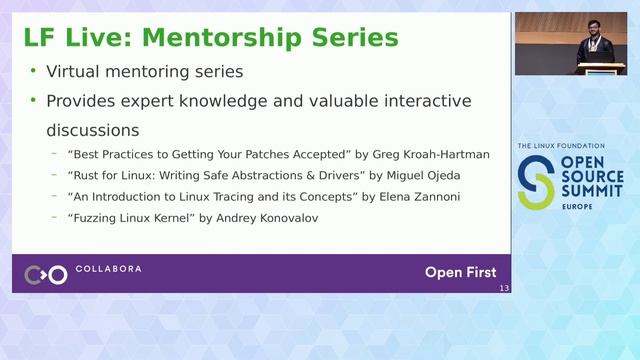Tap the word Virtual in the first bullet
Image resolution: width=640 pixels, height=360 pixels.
coord(76,72)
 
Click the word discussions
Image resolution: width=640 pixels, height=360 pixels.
coord(93,131)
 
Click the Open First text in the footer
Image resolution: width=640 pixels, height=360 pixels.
coord(460,272)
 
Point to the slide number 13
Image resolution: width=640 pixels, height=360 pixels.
coord(503,289)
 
